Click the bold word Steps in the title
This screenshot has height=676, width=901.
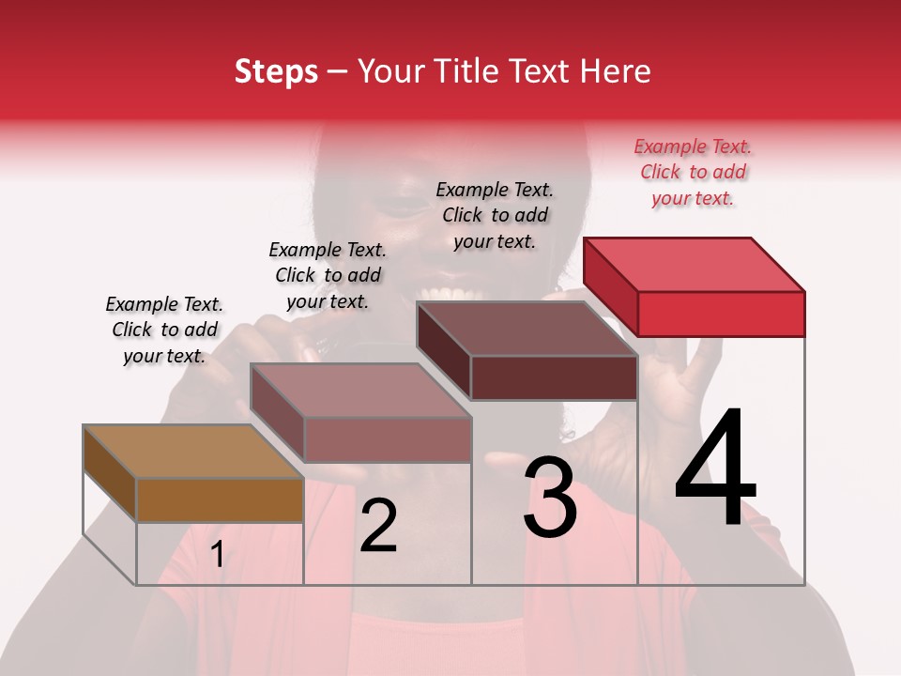[x=276, y=71]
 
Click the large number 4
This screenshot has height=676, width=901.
[x=715, y=469]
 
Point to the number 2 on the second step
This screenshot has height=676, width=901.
[x=378, y=526]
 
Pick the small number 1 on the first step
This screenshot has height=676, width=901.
[x=217, y=555]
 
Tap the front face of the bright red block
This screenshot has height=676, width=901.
[x=721, y=314]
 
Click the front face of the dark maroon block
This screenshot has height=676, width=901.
[x=554, y=377]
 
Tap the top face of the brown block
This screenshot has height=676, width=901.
[x=193, y=452]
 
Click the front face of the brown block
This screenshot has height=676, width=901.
[x=220, y=499]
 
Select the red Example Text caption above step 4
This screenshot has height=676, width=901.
[x=693, y=172]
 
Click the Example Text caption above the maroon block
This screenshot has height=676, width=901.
[x=495, y=215]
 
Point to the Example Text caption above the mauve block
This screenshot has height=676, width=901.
[x=328, y=275]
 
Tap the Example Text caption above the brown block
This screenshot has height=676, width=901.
[x=164, y=330]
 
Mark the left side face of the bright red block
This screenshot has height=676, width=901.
[x=611, y=286]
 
